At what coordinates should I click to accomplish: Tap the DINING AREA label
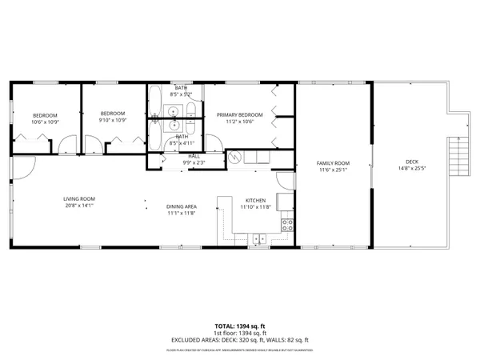[x=182, y=206]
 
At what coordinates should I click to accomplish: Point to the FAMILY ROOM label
[x=334, y=162]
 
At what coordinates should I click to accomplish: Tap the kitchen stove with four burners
[x=286, y=225]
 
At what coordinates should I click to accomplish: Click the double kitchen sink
[x=259, y=238]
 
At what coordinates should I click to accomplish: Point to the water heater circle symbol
[x=234, y=157]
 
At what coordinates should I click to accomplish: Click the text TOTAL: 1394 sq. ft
[x=239, y=326]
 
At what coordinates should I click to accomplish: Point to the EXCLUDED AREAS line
[x=239, y=340]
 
